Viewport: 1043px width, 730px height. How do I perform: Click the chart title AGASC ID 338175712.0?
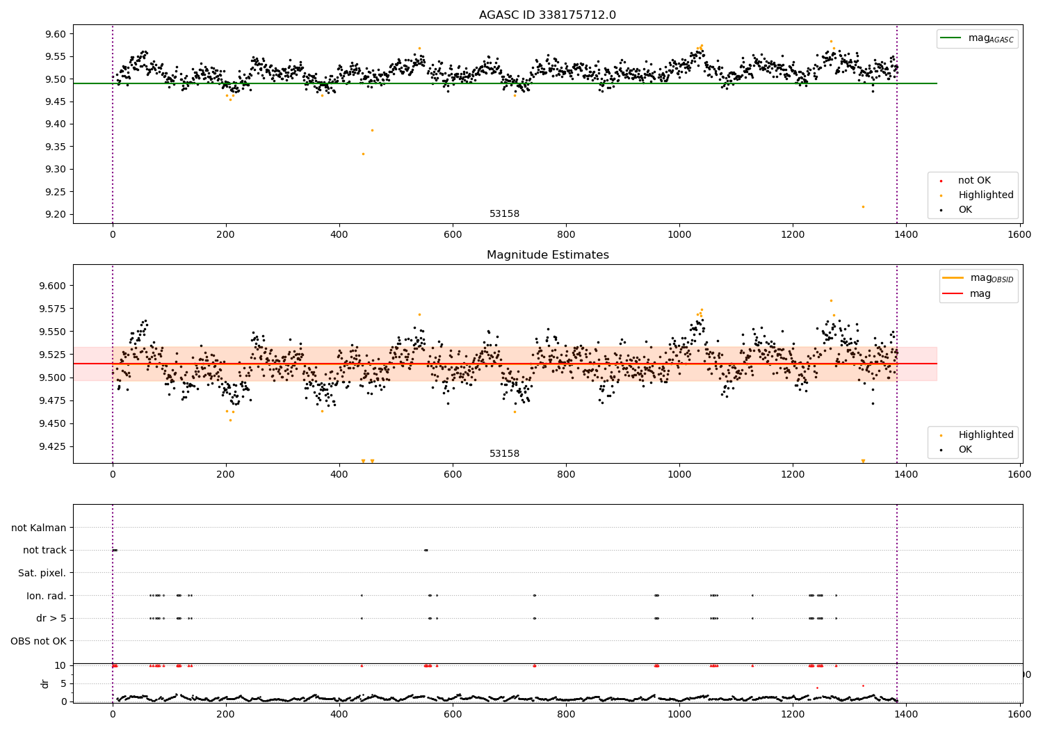547,15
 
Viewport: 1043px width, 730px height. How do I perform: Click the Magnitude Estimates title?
547,255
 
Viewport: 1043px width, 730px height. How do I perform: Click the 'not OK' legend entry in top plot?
974,181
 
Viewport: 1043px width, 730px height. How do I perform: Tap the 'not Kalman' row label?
39,528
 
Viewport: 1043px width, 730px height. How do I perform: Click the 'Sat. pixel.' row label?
42,573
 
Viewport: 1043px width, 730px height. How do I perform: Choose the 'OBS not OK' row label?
38,641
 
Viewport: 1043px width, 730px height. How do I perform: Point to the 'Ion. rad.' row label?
46,596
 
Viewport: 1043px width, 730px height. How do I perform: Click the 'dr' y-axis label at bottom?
45,683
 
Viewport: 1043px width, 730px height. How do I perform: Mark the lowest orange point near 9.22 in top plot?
863,206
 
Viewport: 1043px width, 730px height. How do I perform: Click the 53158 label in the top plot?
504,214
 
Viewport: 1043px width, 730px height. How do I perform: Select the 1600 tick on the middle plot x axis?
1020,474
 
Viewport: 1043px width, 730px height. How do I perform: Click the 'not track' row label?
45,550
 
